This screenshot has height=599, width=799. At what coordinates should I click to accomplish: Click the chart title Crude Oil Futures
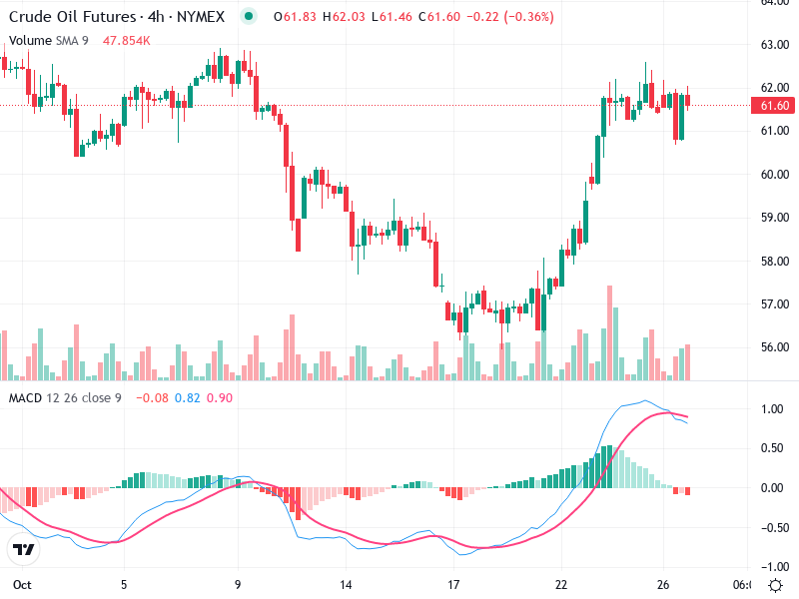point(66,17)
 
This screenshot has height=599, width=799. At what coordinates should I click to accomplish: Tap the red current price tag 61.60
point(775,106)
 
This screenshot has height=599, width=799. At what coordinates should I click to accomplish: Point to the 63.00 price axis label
point(774,45)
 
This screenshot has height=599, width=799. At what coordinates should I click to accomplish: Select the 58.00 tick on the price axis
point(774,262)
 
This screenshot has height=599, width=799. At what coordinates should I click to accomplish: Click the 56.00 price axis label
point(774,347)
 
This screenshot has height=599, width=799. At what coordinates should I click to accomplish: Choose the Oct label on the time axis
point(21,584)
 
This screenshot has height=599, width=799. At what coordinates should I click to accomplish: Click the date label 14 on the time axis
point(346,584)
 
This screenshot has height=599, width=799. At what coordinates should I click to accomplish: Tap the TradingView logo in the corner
point(24,550)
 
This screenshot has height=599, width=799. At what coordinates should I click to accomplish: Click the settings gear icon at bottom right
point(775,584)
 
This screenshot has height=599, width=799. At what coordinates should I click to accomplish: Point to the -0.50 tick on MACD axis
point(771,527)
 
